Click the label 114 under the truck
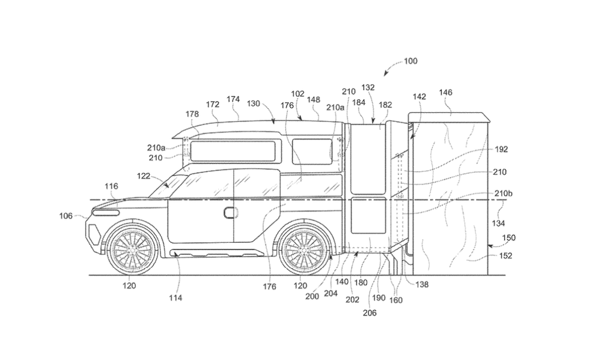coord(175,297)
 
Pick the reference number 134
coord(499,223)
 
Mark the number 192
coord(502,149)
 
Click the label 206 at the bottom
coord(370,313)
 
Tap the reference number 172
coord(213,104)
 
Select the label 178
coord(192,114)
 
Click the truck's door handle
coord(230,213)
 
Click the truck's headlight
coord(107,212)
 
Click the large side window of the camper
coord(234,151)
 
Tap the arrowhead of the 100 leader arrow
coord(386,73)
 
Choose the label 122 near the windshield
coord(143,176)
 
